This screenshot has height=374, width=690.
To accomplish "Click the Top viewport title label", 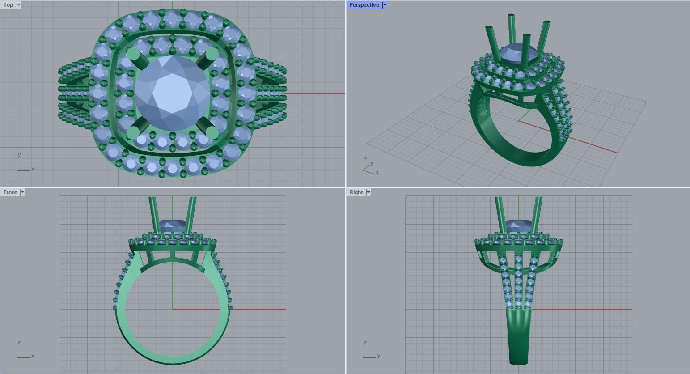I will (x=8, y=5).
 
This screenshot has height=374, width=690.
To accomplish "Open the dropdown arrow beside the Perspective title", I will (x=385, y=5).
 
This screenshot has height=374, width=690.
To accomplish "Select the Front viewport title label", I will (x=10, y=192).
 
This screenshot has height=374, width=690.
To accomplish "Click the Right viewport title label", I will (x=356, y=192).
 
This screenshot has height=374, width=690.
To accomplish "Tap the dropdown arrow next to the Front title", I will (x=22, y=192).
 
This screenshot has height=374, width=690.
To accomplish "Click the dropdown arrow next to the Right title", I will (x=368, y=192).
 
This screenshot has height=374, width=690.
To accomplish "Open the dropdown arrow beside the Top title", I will (x=19, y=5).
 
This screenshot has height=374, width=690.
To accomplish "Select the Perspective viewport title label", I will (x=364, y=5).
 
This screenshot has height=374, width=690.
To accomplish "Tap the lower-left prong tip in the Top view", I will (x=133, y=133).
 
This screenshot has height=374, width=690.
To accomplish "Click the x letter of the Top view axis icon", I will (x=33, y=169).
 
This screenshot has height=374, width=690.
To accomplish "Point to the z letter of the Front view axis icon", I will (x=19, y=343).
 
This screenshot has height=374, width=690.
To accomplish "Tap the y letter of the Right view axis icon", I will (x=378, y=356).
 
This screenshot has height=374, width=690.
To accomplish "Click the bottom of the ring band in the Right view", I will (x=519, y=361).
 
